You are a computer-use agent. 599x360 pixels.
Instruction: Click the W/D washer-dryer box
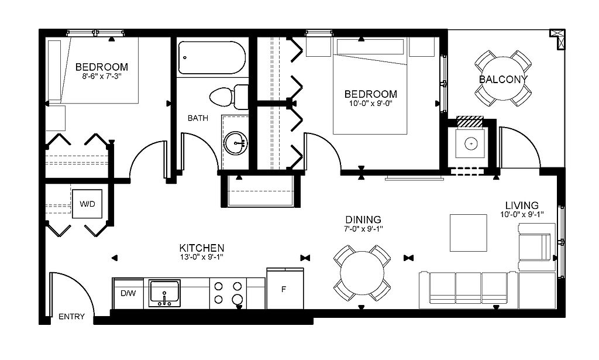87,204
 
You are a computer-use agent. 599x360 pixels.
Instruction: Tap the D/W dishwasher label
128,293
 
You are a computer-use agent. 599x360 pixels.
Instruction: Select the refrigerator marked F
285,289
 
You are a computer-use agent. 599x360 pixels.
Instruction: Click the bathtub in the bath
212,58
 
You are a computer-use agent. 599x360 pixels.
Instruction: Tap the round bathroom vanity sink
235,143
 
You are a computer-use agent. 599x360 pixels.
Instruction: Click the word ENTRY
71,317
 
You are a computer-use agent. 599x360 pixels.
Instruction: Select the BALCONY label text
503,80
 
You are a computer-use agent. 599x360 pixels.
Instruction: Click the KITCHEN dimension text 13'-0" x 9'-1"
202,257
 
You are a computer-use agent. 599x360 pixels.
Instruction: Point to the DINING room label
363,220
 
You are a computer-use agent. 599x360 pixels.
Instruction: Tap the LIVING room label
522,205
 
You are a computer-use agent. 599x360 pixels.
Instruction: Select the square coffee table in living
469,233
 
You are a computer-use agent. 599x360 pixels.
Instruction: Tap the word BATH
198,118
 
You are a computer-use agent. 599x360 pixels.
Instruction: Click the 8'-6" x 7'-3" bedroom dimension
102,76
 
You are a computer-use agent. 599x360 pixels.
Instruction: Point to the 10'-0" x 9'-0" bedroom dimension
370,103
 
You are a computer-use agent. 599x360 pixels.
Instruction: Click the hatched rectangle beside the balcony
471,122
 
